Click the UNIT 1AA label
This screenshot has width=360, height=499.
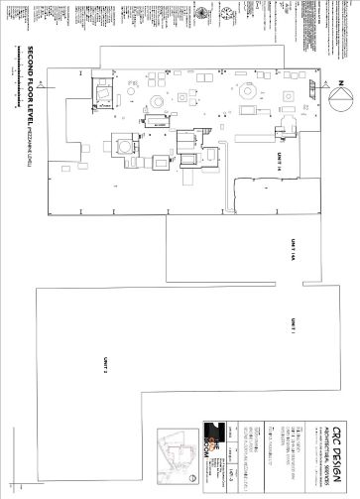pos(294,252)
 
